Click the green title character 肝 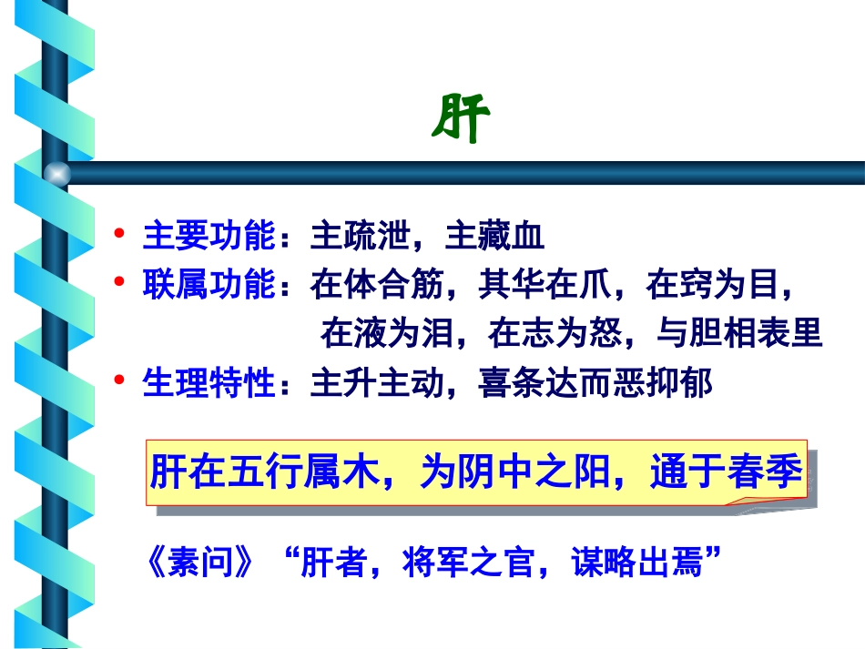(x=461, y=117)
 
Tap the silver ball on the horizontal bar (x=57, y=172)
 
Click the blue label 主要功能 (x=209, y=237)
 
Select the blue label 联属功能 (x=209, y=286)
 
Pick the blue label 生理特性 (x=209, y=383)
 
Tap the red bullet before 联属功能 (x=118, y=284)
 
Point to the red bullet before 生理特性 (x=118, y=381)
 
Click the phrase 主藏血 (x=494, y=237)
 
